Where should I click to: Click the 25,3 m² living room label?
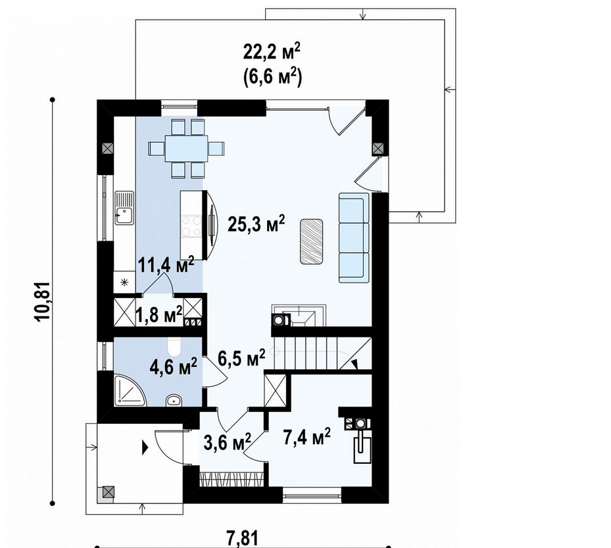click(256, 223)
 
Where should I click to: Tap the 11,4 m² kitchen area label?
click(166, 266)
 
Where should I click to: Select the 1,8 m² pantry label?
click(159, 315)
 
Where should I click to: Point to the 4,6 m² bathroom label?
click(174, 367)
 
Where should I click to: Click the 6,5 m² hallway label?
click(241, 358)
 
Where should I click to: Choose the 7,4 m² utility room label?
click(306, 437)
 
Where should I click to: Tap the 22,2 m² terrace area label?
click(272, 52)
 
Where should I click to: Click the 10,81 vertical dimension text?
click(43, 301)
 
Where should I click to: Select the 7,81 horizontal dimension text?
click(242, 539)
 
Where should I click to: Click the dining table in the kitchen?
click(186, 149)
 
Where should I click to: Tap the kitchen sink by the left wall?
click(124, 207)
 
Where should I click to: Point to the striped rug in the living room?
click(311, 241)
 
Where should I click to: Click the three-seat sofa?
click(354, 237)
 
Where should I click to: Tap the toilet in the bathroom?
click(174, 347)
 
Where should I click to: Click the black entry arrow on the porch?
click(145, 447)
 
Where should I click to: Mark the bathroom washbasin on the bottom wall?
click(174, 400)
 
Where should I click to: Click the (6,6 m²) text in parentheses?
click(272, 76)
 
